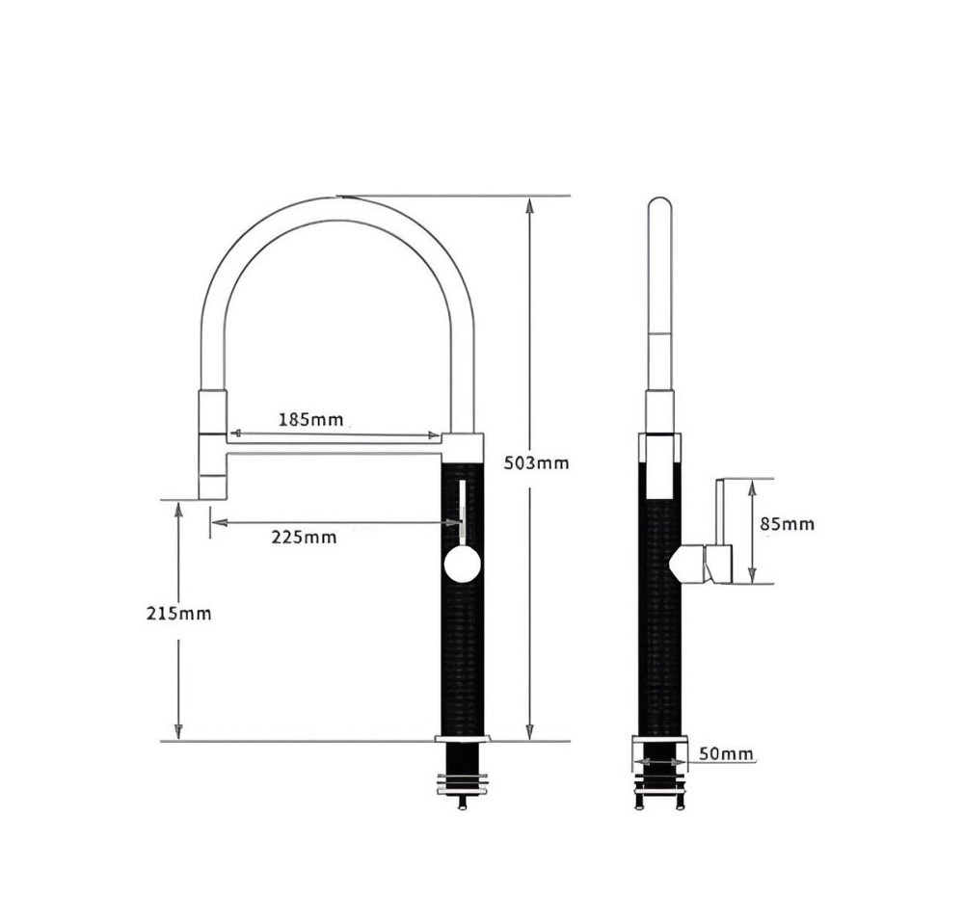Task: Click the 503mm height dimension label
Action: [x=536, y=463]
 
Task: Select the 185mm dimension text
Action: [x=310, y=420]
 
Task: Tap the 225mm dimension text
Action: [x=304, y=538]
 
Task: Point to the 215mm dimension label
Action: [x=178, y=613]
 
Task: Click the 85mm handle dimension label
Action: [x=787, y=524]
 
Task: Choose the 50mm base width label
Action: [x=726, y=753]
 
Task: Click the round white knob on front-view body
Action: [x=462, y=566]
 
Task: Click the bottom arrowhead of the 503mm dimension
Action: [x=530, y=732]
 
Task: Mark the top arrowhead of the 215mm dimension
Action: [x=178, y=510]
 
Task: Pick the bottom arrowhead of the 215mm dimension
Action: [x=178, y=732]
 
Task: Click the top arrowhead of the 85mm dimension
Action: [x=751, y=489]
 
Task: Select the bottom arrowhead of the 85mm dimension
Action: [x=751, y=574]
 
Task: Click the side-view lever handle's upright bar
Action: [x=720, y=512]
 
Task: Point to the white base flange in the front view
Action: [x=463, y=738]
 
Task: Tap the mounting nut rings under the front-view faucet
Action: [x=463, y=784]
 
